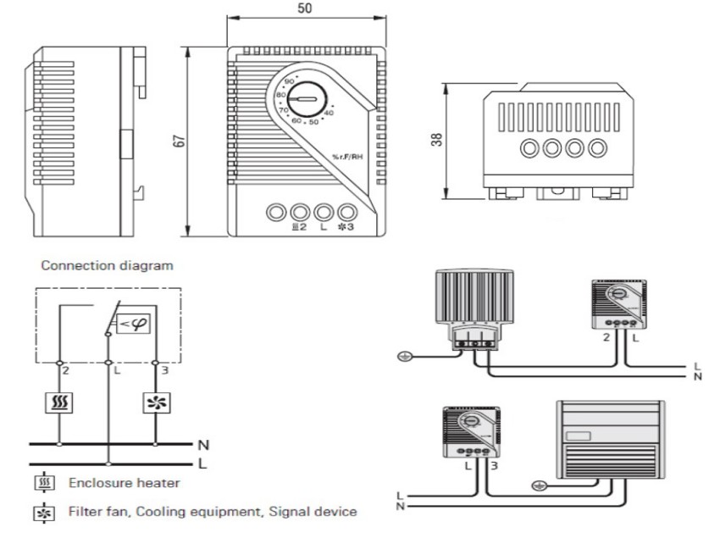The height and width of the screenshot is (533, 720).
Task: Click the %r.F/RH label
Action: click(x=352, y=157)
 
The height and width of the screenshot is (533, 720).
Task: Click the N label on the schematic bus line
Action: click(x=202, y=443)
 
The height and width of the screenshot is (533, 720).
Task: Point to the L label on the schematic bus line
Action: click(x=202, y=464)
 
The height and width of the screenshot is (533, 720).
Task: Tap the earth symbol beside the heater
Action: click(x=405, y=356)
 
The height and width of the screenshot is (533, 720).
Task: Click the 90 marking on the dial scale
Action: click(x=290, y=81)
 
